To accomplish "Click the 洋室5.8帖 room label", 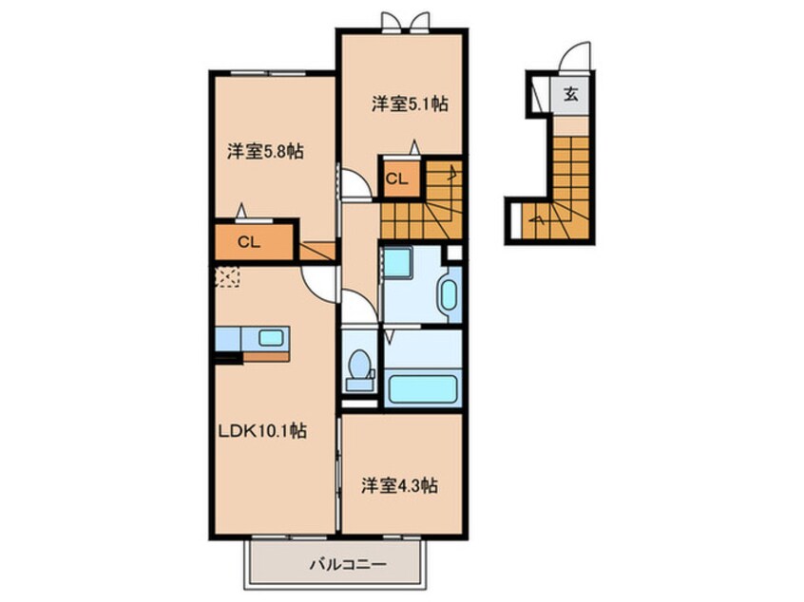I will click(x=265, y=151).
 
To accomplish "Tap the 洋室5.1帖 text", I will click(x=410, y=105).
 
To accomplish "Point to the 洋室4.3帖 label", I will click(x=399, y=486).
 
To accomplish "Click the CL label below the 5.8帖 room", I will click(x=249, y=242).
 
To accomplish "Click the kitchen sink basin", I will click(x=271, y=337).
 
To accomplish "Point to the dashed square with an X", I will click(x=228, y=276).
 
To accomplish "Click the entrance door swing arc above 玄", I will click(x=574, y=56).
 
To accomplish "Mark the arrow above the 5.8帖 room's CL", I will click(x=242, y=211).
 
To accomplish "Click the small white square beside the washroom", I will click(x=453, y=253).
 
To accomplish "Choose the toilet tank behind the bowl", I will click(x=359, y=384).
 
